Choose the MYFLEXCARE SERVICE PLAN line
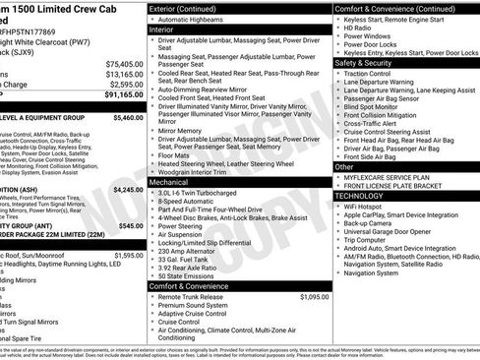[x=398, y=176]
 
